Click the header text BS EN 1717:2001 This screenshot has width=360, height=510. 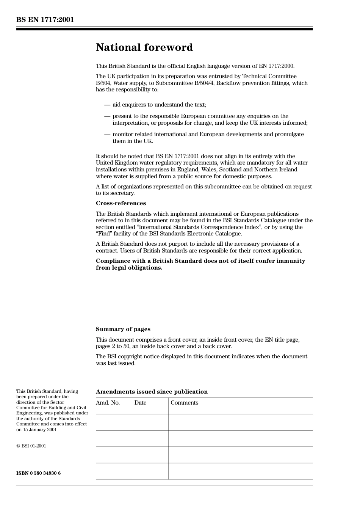pyautogui.click(x=45, y=20)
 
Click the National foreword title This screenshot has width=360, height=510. pyautogui.click(x=144, y=47)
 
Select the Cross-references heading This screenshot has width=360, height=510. pyautogui.click(x=121, y=203)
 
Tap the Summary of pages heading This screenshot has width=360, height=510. pyautogui.click(x=123, y=329)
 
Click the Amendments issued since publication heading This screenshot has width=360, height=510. pyautogui.click(x=152, y=392)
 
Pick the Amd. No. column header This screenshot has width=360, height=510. pyautogui.click(x=108, y=403)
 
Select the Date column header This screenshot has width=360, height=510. pyautogui.click(x=140, y=403)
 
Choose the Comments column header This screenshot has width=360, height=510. pyautogui.click(x=184, y=403)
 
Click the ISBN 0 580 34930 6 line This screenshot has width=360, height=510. pyautogui.click(x=38, y=473)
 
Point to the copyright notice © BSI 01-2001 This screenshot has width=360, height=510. pyautogui.click(x=31, y=446)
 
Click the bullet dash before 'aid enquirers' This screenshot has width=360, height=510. pyautogui.click(x=107, y=105)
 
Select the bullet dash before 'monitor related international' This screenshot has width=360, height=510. pyautogui.click(x=107, y=134)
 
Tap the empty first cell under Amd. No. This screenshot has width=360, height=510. pyautogui.click(x=114, y=422)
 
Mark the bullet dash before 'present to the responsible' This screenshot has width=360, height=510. pyautogui.click(x=107, y=116)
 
